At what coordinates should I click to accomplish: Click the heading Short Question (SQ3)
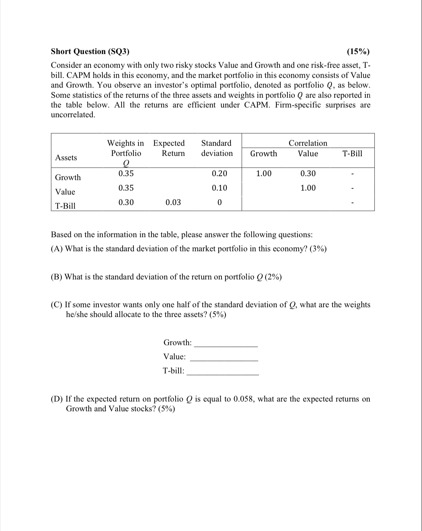90,51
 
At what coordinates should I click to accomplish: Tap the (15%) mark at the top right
358,51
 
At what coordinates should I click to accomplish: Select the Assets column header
66,157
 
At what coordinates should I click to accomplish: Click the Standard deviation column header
217,148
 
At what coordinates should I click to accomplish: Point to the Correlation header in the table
308,143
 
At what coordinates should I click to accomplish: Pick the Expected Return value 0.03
173,202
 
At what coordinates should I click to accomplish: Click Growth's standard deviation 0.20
219,173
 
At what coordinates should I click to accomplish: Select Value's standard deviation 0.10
219,188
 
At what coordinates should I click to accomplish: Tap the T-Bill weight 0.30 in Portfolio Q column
126,202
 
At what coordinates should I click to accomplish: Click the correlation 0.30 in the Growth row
308,173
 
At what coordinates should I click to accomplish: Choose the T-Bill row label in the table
65,206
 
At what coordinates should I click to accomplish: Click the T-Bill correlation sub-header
352,154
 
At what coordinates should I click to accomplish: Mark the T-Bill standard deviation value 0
219,202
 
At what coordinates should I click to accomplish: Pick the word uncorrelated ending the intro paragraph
73,115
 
